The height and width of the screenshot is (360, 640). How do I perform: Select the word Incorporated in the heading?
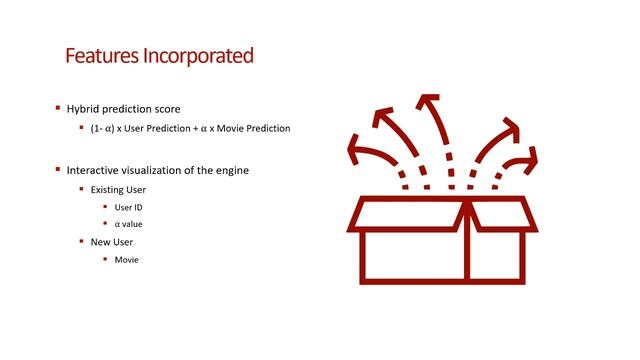(x=195, y=55)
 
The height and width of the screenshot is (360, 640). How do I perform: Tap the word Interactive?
(x=94, y=170)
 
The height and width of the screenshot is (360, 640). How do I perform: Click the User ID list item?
(x=130, y=207)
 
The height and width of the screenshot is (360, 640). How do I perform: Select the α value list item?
(x=129, y=224)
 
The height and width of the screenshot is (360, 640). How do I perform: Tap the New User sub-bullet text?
(x=111, y=242)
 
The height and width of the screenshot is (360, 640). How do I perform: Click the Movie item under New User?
(x=126, y=260)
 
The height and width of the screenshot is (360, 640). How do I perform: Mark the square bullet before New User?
(x=81, y=242)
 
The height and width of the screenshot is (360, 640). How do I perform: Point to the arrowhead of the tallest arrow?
(x=428, y=103)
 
